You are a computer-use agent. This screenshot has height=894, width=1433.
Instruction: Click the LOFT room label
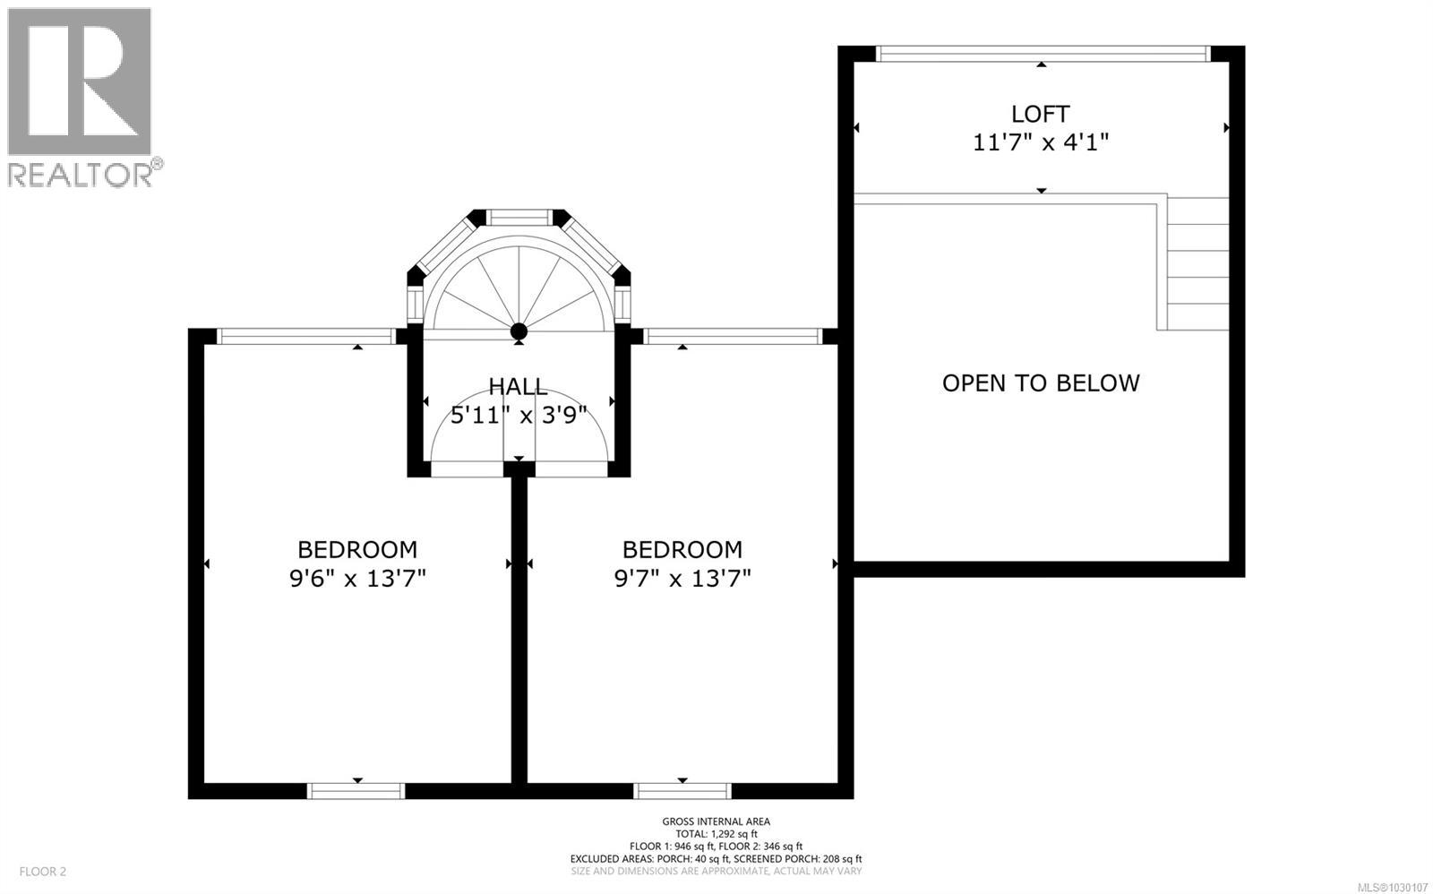pos(1040,114)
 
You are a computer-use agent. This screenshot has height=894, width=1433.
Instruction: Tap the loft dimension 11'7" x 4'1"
pos(1041,142)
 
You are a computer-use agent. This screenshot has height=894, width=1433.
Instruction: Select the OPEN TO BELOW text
pos(1041,383)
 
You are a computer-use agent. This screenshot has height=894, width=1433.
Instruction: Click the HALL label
pos(518,387)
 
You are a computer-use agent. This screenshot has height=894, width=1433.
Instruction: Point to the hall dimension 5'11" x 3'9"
pos(518,415)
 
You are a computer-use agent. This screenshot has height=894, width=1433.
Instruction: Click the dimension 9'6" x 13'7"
pos(356,578)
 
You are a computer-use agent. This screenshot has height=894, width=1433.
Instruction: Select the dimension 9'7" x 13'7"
pos(682,578)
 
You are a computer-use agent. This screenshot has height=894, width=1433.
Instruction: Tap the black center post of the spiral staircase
pos(519,332)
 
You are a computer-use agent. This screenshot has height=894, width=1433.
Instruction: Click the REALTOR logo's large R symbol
pos(80,82)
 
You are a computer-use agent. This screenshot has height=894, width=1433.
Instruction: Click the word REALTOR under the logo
pos(81,174)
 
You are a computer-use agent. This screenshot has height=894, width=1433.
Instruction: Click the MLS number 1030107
pos(1394,887)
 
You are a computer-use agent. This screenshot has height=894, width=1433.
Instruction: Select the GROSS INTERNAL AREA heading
pos(716,821)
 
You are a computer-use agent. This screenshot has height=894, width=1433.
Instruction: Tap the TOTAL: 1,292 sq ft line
pos(716,833)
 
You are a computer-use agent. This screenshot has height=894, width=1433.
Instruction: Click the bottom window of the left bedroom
pos(356,790)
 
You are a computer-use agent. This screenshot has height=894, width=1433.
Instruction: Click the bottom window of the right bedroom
pos(682,790)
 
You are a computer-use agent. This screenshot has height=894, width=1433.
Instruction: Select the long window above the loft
pos(1043,54)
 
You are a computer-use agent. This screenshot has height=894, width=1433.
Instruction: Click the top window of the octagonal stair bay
pos(519,217)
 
